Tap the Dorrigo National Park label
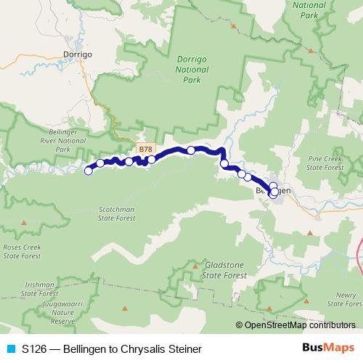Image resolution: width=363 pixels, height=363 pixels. point(192,71)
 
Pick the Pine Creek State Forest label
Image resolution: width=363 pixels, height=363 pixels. point(325,162)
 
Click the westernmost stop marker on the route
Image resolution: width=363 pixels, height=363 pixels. point(89,171)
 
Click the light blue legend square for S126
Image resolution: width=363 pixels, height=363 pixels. point(10,349)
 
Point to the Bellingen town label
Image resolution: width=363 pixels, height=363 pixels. point(274,190)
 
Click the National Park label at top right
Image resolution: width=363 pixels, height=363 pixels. point(310,9)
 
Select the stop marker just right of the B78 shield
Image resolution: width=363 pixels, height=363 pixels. point(152,160)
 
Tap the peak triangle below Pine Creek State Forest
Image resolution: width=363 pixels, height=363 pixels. point(311,233)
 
